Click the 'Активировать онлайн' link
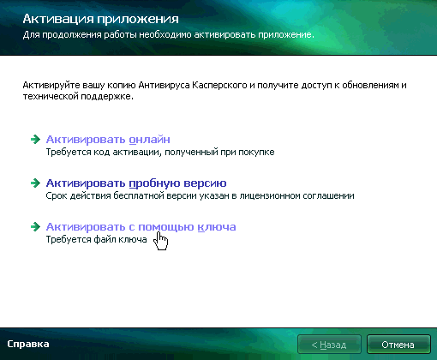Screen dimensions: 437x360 (x=108, y=140)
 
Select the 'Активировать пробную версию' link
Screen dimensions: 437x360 (x=136, y=183)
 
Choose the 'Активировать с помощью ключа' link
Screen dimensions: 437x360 (x=141, y=227)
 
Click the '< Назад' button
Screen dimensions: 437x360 (x=329, y=345)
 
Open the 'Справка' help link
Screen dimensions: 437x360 (x=28, y=344)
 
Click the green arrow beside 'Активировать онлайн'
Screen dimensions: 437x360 (x=35, y=139)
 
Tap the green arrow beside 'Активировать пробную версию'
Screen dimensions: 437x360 (x=35, y=183)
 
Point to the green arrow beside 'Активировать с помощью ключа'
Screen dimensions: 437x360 (x=35, y=226)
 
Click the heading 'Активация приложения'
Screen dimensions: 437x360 (x=100, y=19)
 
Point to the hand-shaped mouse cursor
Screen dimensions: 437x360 (x=160, y=241)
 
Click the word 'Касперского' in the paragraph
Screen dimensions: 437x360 (x=219, y=85)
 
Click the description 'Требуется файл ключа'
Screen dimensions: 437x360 (x=96, y=239)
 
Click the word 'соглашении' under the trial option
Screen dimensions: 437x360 (x=328, y=195)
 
